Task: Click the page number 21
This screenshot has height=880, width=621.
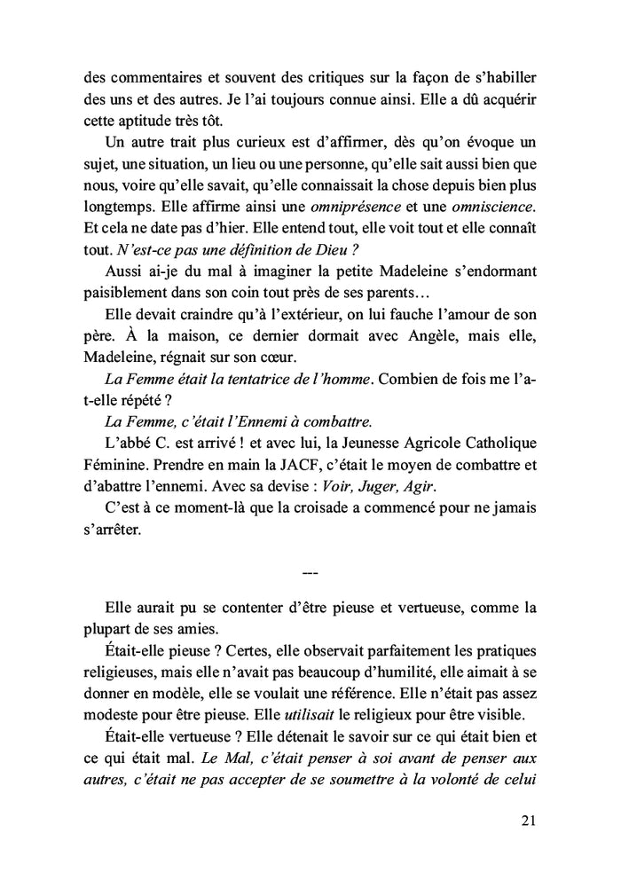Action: click(527, 821)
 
